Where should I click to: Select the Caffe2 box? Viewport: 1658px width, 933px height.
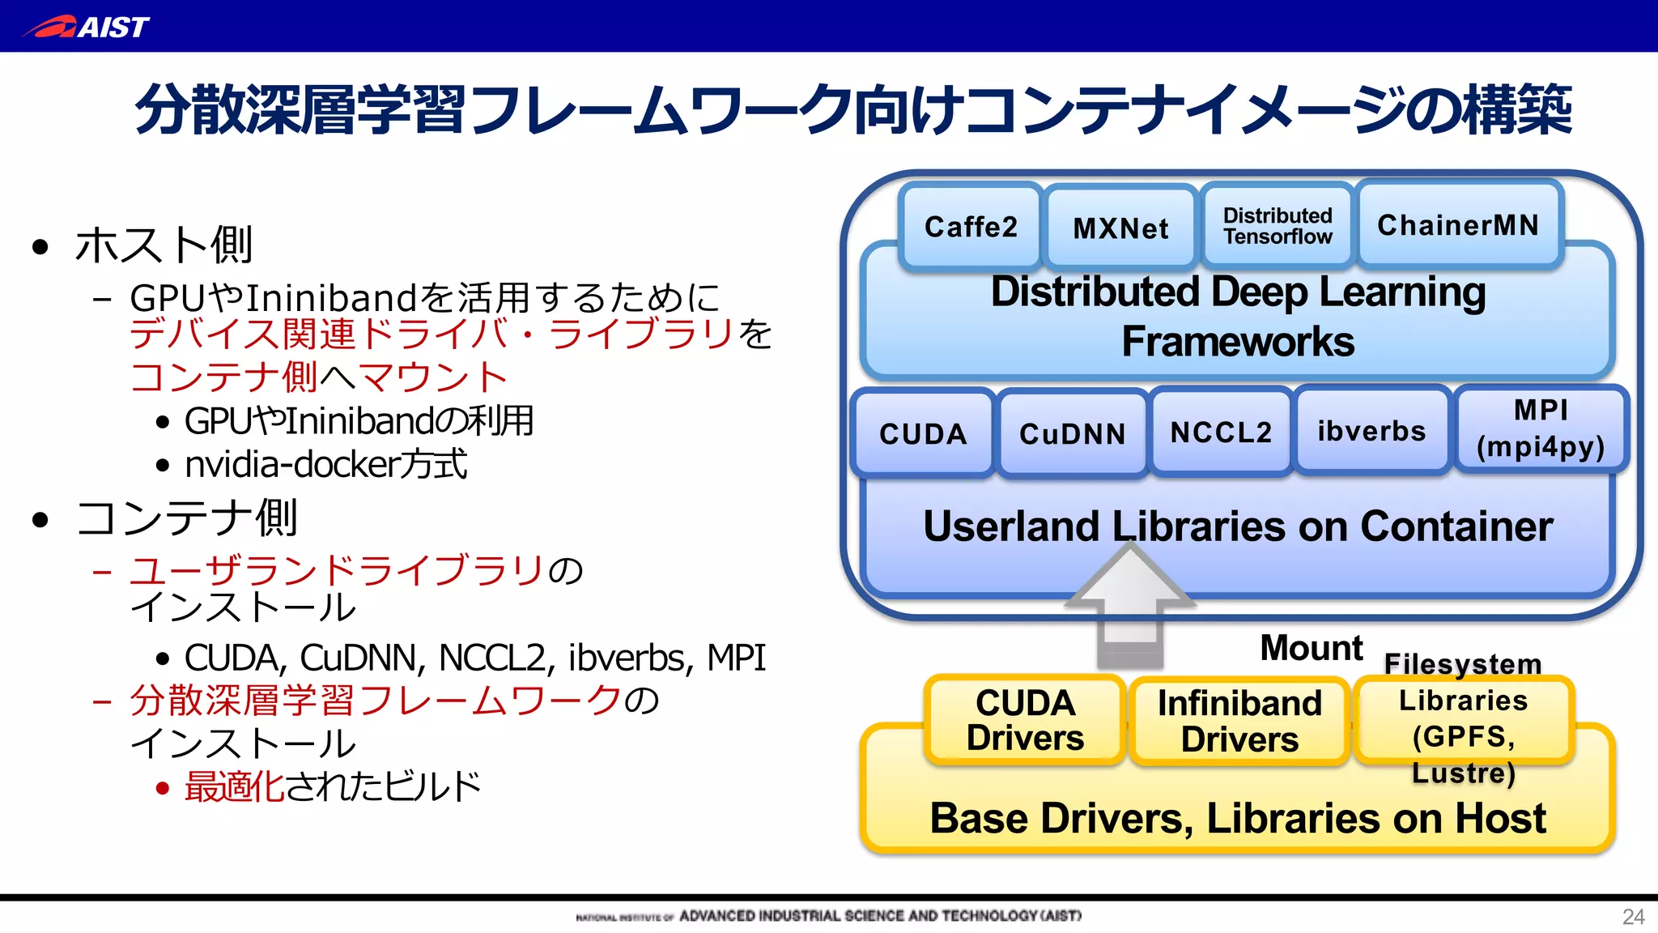coord(970,227)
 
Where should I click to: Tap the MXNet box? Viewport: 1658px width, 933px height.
coord(1120,228)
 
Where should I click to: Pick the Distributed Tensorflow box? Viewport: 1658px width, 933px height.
coord(1278,226)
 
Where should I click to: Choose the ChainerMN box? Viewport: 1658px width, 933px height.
coord(1458,224)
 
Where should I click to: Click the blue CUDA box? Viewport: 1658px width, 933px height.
coord(923,433)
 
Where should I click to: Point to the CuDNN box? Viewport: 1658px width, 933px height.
coord(1072,434)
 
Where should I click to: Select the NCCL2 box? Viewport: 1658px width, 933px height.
coord(1221,432)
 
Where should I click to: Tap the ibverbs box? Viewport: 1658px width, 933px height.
coord(1371,431)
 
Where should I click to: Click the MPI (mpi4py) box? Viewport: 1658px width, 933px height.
coord(1541,428)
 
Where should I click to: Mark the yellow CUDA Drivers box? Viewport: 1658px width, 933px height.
coord(1025,720)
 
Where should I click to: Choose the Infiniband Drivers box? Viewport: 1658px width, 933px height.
coord(1239,721)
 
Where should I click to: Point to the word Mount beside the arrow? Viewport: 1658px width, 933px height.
coord(1312,648)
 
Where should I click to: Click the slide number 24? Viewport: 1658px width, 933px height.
coord(1633,917)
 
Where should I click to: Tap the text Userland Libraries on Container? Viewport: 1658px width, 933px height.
coord(1238,526)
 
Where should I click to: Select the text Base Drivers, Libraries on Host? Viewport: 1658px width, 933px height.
coord(1238,818)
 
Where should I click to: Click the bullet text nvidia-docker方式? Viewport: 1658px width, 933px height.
coord(325,464)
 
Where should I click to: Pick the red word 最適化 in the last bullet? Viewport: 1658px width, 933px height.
coord(234,786)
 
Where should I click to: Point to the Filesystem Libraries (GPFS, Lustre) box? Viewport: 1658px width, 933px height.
coord(1464,719)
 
